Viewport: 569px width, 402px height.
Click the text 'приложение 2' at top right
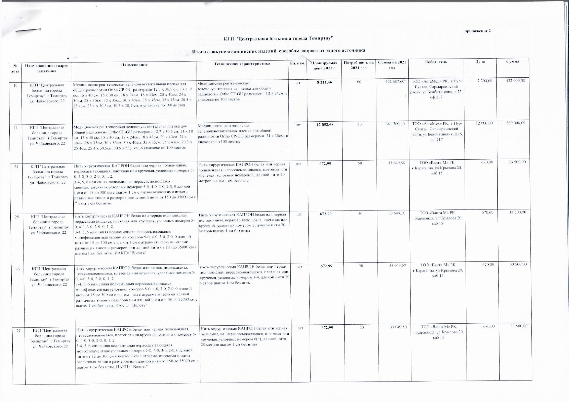click(478, 31)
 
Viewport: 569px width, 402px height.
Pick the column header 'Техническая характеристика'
click(242, 64)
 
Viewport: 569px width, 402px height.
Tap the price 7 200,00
click(485, 81)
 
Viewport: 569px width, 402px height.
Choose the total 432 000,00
click(515, 80)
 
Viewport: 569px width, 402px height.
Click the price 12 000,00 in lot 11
click(484, 123)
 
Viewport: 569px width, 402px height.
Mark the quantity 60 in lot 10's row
click(359, 82)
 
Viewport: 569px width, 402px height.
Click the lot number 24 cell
click(16, 167)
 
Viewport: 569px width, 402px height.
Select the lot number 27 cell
click(18, 330)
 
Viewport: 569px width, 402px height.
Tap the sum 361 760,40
click(395, 124)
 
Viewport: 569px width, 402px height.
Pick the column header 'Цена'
click(480, 61)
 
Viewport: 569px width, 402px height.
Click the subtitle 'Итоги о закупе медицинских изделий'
click(234, 50)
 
